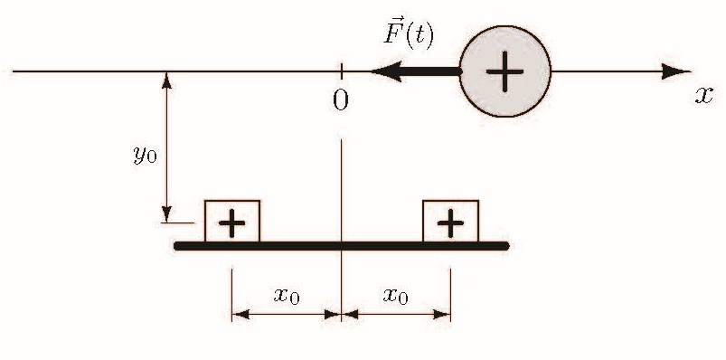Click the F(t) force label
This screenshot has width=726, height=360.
click(x=409, y=36)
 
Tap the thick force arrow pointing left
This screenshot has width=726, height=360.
click(x=416, y=71)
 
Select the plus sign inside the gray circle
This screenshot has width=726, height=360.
click(x=504, y=71)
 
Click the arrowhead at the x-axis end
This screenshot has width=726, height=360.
click(x=676, y=71)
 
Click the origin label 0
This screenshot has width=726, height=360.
click(x=341, y=99)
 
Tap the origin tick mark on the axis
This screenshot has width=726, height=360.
click(x=341, y=71)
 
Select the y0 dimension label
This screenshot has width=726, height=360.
click(x=145, y=155)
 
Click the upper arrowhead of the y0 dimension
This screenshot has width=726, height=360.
click(x=166, y=81)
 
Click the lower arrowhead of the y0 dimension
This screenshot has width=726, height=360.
click(x=166, y=214)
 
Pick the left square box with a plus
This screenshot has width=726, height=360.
click(x=232, y=221)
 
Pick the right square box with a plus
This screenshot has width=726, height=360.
click(x=450, y=221)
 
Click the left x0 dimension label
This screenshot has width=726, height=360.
click(x=287, y=295)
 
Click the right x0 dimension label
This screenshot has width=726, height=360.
click(x=396, y=295)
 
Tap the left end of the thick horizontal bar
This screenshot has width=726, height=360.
click(x=177, y=246)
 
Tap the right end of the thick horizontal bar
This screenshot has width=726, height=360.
click(x=506, y=246)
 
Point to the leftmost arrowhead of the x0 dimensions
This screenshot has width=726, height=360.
click(x=240, y=315)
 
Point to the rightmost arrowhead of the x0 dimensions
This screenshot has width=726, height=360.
click(x=442, y=315)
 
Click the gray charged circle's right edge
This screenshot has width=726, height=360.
click(x=551, y=71)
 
